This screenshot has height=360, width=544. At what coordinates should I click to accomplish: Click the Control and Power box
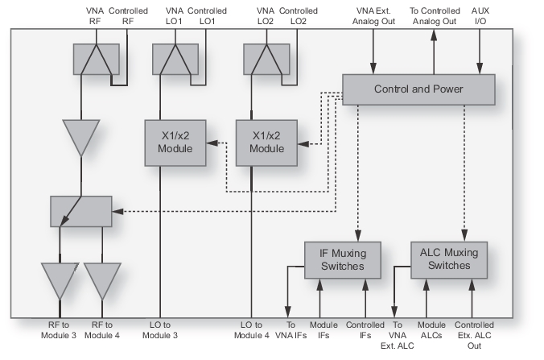tap(418, 89)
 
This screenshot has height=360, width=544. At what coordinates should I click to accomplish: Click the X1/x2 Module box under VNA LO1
tap(174, 143)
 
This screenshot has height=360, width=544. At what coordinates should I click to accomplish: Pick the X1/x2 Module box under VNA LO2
tap(266, 143)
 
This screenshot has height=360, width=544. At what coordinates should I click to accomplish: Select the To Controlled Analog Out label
tap(435, 15)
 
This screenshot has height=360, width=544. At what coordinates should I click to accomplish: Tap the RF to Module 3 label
tap(59, 330)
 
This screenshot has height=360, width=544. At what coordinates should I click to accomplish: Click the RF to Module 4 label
tap(103, 330)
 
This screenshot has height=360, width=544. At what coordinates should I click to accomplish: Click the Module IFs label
tap(321, 330)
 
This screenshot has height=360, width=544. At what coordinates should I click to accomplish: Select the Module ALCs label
tap(432, 330)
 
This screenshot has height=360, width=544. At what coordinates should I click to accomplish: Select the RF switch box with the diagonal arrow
tap(80, 211)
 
